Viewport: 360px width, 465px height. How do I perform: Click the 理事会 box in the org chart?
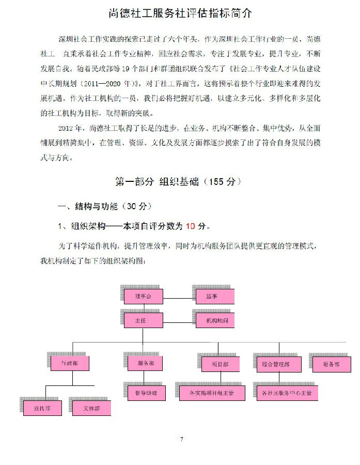pos(144,297)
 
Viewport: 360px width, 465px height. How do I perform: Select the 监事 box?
pos(215,297)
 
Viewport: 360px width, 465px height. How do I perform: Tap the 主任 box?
pos(144,321)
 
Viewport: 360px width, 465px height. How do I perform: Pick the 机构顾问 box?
pos(215,321)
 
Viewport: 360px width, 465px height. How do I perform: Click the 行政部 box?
pos(70,364)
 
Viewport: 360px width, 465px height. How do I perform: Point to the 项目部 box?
pos(221,364)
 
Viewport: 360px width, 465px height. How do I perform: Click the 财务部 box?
pos(331,364)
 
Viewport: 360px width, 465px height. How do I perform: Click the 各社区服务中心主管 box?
pos(287,393)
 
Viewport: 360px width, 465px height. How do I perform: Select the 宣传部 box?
pos(42,408)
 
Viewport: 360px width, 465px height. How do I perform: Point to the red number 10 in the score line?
pos(191,226)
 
